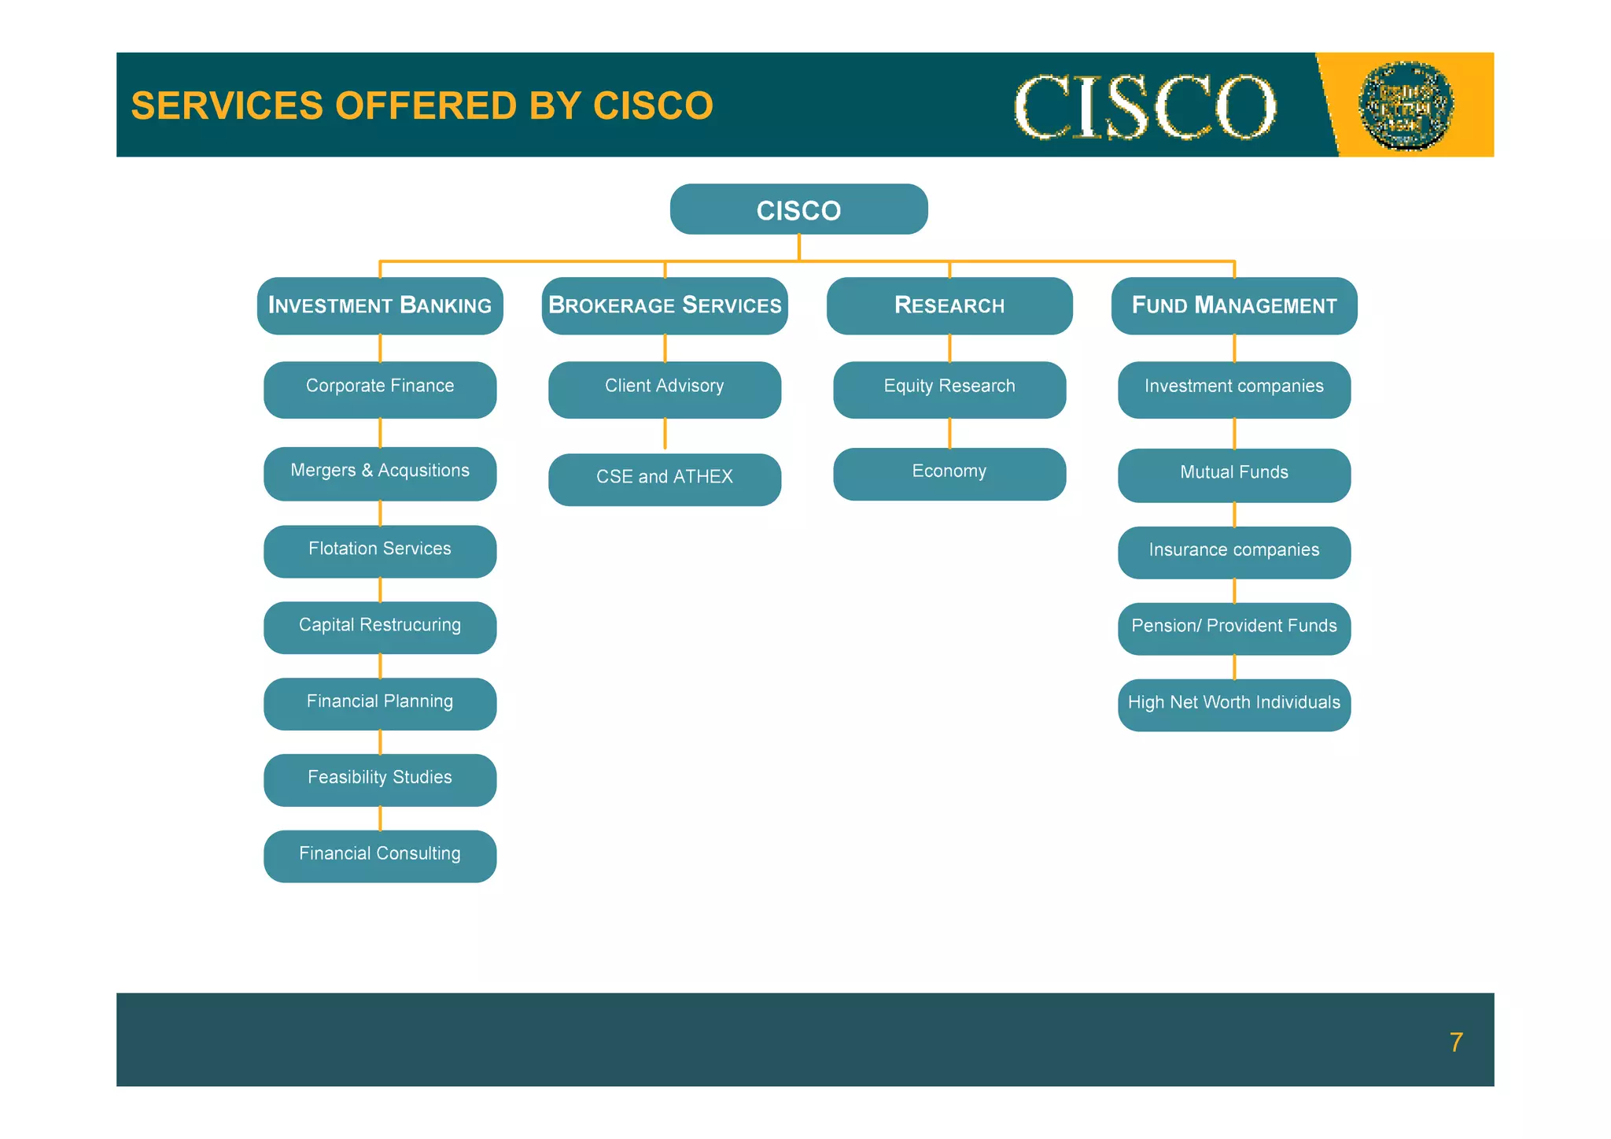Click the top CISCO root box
(x=798, y=209)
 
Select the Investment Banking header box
(x=380, y=305)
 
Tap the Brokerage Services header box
(x=665, y=305)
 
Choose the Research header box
(x=949, y=305)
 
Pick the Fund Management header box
(x=1233, y=305)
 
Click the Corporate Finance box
(x=380, y=389)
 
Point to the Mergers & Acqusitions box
(x=380, y=473)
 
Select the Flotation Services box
(x=380, y=551)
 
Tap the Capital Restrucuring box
(x=380, y=627)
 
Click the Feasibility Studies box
(x=380, y=779)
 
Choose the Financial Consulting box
(x=380, y=856)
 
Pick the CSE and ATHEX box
(x=665, y=479)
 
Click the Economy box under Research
(x=949, y=474)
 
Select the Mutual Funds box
(x=1233, y=475)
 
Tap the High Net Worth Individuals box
(x=1233, y=704)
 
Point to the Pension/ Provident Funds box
(x=1233, y=628)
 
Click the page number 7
(x=1456, y=1042)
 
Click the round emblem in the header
(x=1406, y=105)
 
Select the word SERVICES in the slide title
(x=227, y=105)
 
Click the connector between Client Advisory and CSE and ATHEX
(x=665, y=434)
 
